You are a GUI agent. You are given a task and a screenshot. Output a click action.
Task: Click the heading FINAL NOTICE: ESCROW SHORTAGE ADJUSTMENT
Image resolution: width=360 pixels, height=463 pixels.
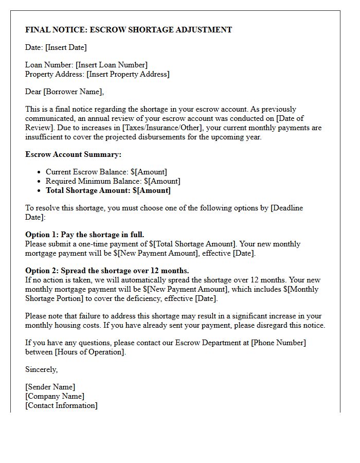pos(129,30)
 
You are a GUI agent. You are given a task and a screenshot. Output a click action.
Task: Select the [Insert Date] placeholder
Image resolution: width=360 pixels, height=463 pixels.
pos(66,47)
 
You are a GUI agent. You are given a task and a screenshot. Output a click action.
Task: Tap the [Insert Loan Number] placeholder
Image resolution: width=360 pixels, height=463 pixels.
pos(112,65)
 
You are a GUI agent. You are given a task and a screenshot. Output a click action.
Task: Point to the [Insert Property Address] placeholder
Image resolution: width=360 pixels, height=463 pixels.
pos(128,74)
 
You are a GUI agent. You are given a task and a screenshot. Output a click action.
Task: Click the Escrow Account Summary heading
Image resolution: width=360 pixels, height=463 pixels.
pos(73,154)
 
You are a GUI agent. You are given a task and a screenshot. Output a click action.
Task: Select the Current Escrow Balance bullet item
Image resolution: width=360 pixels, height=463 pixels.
pos(106,172)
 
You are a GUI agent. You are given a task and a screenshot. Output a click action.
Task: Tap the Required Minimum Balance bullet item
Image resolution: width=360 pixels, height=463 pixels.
pos(113,181)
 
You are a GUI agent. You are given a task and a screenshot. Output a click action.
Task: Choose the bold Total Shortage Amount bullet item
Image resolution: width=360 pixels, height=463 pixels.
pos(108,190)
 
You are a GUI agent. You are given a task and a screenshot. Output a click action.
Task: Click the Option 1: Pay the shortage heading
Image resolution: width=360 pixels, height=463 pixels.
pos(85,235)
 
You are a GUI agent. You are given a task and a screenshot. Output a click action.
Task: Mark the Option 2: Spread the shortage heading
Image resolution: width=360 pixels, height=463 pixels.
pos(107,271)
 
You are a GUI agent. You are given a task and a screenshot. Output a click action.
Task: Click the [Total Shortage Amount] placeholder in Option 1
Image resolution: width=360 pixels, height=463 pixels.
pos(195,244)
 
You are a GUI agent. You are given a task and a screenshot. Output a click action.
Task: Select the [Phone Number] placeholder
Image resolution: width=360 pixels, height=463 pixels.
pos(278,343)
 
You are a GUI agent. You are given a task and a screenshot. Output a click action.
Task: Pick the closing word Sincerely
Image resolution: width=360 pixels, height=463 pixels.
pos(42,369)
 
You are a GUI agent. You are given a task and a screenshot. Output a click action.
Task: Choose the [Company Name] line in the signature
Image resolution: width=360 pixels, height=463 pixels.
pos(55,396)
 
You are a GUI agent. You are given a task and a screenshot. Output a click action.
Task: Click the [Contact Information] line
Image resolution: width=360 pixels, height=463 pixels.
pos(61,405)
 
